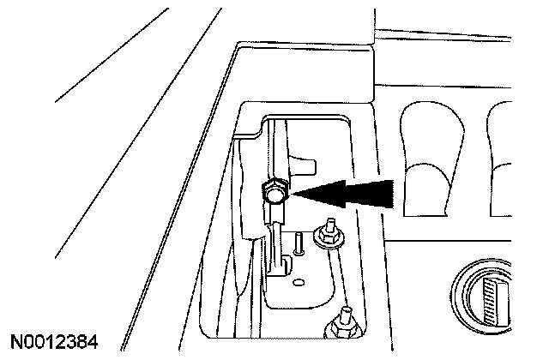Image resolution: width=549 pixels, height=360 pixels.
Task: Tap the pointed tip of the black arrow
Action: pyautogui.click(x=289, y=195)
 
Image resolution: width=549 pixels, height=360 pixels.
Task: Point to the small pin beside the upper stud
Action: pyautogui.click(x=297, y=243)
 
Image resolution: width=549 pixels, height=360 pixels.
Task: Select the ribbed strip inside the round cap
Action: pyautogui.click(x=493, y=299)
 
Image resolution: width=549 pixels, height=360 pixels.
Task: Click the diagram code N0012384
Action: pyautogui.click(x=55, y=342)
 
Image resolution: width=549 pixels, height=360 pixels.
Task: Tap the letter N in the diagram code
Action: pyautogui.click(x=16, y=342)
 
